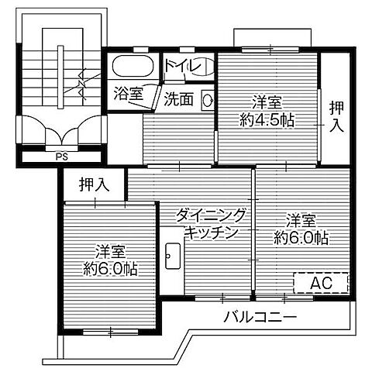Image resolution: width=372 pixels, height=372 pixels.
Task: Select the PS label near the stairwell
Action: coord(60,153)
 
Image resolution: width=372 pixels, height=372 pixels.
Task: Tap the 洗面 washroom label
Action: coord(179,98)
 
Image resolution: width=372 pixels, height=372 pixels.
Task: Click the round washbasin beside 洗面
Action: coord(207,98)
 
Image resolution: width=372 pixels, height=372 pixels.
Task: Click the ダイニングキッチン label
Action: coord(210,223)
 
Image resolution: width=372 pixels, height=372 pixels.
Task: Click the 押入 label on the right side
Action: coord(335,117)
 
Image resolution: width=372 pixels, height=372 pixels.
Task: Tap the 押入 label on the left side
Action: coord(93,185)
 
